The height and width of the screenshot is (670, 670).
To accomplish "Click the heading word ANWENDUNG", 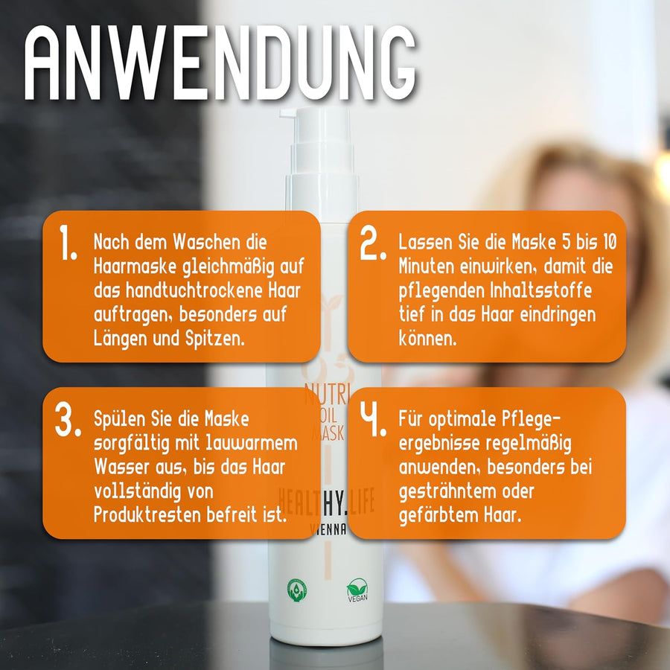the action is (x=220, y=63).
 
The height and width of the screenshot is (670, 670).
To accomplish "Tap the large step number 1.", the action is (x=68, y=242).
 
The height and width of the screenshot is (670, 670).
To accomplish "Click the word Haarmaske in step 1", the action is (x=135, y=267).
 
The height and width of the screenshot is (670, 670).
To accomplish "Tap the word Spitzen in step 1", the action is (x=215, y=339).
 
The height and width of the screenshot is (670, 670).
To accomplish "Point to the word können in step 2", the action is (x=428, y=339).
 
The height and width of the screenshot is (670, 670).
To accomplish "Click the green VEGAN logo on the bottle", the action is (x=357, y=590).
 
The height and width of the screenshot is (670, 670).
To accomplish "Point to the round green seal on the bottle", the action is (x=297, y=590).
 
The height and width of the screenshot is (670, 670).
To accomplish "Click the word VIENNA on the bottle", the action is (x=328, y=529).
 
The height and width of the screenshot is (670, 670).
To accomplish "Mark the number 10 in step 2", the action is (x=610, y=242).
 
